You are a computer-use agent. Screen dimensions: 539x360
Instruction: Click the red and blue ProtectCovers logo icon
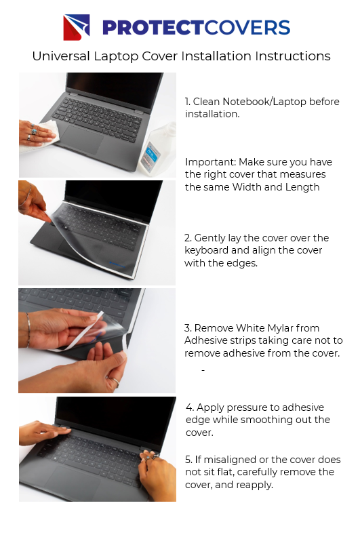point(77,28)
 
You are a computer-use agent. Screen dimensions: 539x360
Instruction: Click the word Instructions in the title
point(292,56)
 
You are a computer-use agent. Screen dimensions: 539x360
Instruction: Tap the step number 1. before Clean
point(188,102)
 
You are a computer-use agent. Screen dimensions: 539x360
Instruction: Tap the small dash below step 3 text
point(203,371)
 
